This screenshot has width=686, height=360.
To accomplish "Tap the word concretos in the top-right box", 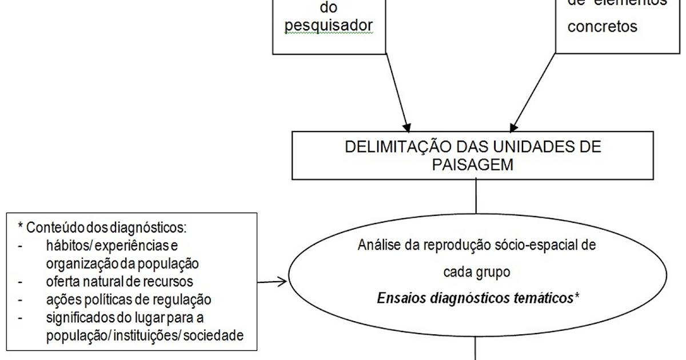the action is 603,27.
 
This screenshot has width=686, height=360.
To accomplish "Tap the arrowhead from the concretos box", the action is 513,124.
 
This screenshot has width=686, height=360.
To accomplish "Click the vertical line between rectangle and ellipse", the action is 476,197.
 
